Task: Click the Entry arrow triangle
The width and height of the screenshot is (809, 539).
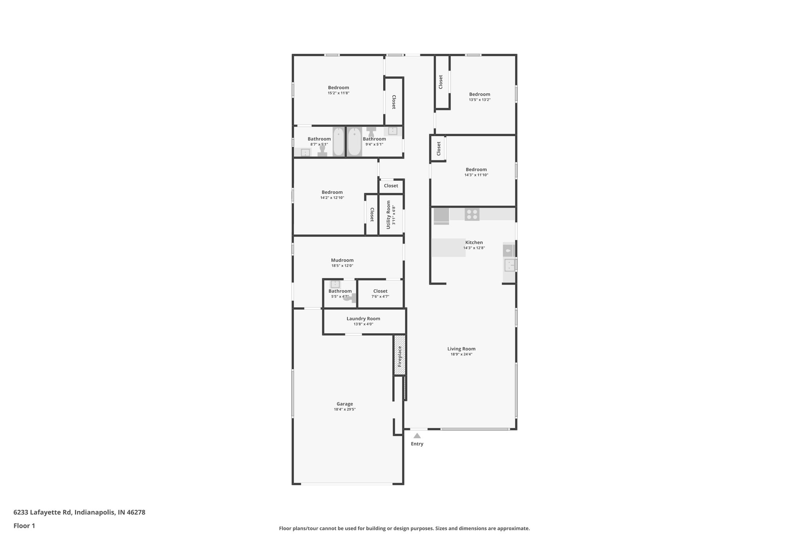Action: point(417,436)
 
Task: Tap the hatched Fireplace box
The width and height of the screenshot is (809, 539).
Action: point(399,355)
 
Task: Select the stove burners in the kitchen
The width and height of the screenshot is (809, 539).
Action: point(472,214)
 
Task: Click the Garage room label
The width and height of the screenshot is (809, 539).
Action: point(344,404)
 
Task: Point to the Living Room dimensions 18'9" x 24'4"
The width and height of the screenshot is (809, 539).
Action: point(461,355)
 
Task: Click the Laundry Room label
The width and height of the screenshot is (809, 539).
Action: point(363,319)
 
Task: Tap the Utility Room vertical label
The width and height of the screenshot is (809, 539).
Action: point(389,215)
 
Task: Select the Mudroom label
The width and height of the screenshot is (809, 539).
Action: point(342,260)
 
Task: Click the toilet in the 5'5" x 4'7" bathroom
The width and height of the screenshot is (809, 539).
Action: point(350,298)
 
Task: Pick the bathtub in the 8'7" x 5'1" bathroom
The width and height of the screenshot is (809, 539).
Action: point(338,142)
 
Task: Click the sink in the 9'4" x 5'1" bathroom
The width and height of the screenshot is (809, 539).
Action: point(392,131)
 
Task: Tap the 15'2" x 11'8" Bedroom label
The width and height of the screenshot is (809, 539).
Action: point(338,88)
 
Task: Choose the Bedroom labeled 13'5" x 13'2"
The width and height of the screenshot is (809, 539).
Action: point(480,94)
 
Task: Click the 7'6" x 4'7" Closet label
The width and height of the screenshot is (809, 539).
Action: point(380,291)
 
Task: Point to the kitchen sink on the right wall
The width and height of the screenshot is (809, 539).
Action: point(509,265)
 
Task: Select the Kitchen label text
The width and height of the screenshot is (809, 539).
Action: point(474,242)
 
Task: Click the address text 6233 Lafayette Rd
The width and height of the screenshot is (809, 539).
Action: point(79,512)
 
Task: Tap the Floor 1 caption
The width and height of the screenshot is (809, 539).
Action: point(24,526)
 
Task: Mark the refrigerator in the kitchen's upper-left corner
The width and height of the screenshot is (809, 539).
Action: point(441,216)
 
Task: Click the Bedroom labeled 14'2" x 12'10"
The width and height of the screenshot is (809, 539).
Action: point(332,192)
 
